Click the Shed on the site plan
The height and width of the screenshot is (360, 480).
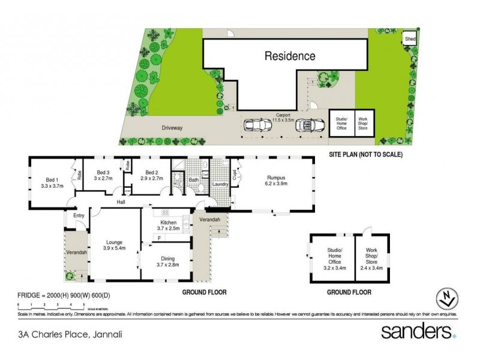(411, 38)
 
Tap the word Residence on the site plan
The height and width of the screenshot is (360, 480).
(290, 56)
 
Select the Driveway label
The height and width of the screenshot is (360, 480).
(171, 128)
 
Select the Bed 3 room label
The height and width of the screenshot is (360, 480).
(103, 175)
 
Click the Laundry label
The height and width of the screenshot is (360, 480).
(221, 184)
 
